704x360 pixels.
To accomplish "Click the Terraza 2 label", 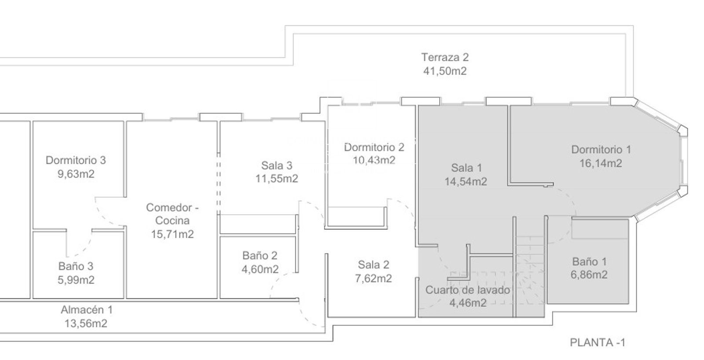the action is click(445, 57).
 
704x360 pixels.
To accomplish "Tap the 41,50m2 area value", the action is click(445, 71).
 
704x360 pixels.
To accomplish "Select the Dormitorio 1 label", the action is click(601, 149).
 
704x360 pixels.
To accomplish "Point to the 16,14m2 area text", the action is click(601, 163).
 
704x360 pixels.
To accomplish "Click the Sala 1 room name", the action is click(466, 168).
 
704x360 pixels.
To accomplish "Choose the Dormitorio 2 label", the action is click(374, 147).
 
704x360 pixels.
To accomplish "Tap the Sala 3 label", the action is click(277, 165).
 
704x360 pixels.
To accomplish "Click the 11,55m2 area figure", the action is click(277, 179).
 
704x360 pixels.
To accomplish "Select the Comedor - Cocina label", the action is click(172, 214).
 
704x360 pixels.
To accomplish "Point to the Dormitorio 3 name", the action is click(76, 160).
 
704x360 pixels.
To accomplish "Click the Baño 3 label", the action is click(76, 266).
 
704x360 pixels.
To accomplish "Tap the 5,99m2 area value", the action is click(76, 280).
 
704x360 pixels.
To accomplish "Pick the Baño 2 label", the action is click(260, 255).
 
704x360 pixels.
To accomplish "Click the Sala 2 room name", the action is click(374, 265).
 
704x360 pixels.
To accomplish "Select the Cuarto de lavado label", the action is click(468, 290).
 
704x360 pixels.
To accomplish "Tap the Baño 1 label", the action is click(589, 261).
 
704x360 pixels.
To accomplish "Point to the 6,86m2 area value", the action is click(589, 275).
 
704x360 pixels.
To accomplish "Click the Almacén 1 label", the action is click(86, 310).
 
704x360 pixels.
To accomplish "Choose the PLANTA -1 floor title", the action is click(598, 342).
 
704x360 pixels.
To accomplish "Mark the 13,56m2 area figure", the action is click(86, 323).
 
